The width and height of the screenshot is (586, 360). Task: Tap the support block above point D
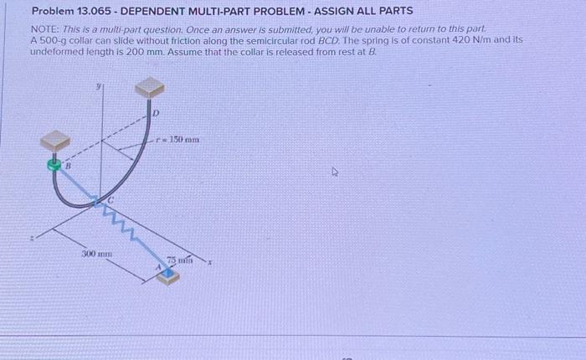point(149,86)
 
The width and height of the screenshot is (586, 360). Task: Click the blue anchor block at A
point(167,273)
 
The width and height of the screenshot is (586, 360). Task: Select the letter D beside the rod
point(156,111)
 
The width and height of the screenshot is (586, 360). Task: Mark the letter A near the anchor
point(156,267)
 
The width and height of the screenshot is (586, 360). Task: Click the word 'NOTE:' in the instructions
point(44,28)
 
